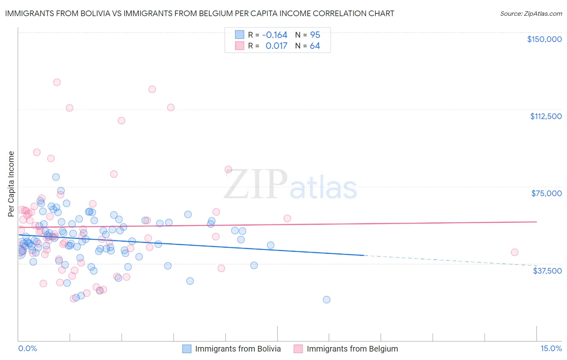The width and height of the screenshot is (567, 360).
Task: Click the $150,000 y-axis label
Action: (544, 39)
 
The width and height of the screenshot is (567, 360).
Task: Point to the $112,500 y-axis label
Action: (546, 116)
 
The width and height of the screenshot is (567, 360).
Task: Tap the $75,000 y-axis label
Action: (546, 193)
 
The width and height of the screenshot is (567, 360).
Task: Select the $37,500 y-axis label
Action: (547, 271)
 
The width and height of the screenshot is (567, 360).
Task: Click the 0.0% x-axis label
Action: (27, 348)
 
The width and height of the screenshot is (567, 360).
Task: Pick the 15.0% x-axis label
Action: (551, 348)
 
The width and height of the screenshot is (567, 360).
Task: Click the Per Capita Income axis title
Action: (11, 184)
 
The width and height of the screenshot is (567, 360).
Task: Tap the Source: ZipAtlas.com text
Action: (531, 14)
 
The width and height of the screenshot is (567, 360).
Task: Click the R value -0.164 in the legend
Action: (274, 35)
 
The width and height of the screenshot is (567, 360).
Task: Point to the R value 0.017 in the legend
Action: (276, 46)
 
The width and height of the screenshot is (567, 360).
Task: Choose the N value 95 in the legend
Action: (315, 35)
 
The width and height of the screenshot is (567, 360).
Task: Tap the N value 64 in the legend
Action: (315, 46)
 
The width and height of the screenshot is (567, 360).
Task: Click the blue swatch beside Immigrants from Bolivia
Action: (187, 349)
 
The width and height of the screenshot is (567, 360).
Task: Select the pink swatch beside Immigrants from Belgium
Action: (298, 349)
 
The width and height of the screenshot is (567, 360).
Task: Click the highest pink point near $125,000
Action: (57, 82)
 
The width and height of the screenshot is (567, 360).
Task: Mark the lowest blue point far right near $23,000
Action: (327, 299)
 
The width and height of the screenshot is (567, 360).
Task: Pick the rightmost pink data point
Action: (515, 252)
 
